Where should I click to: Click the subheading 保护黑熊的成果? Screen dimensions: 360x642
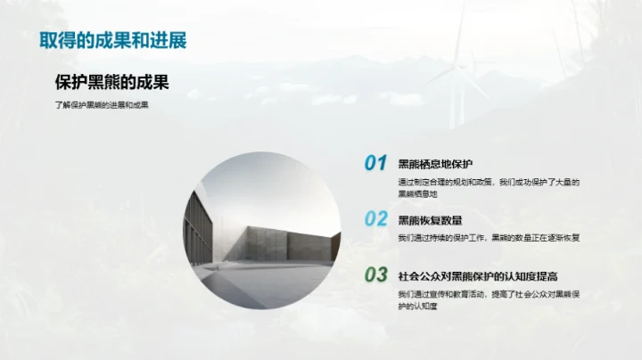[x=111, y=83]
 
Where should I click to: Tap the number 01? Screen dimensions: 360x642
[x=375, y=163]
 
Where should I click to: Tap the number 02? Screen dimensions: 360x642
[x=375, y=219]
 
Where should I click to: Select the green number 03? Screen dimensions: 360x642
[x=375, y=274]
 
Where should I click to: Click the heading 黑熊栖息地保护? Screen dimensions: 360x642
[x=434, y=163]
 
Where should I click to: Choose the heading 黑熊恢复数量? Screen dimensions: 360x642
[x=429, y=219]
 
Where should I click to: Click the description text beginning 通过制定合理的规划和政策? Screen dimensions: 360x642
[x=489, y=187]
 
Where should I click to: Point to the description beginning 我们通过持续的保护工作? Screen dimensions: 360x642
[x=489, y=238]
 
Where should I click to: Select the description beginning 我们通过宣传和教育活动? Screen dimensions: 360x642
[x=489, y=299]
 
